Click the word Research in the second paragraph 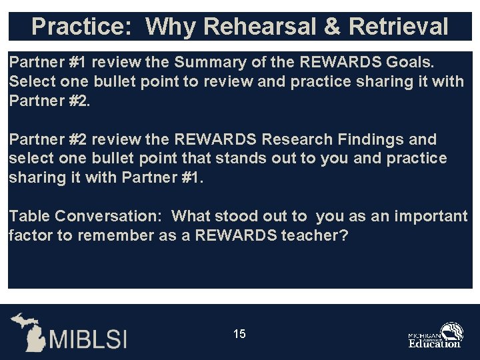click(300, 139)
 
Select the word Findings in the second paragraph click(379, 139)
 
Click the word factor click(29, 235)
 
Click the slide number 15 click(239, 334)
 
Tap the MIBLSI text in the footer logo click(87, 337)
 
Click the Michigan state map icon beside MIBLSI click(29, 331)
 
